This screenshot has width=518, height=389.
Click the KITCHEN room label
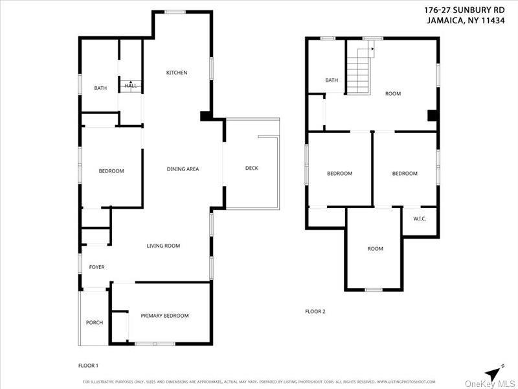pyautogui.click(x=177, y=73)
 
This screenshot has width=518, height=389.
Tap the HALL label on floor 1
pyautogui.click(x=131, y=86)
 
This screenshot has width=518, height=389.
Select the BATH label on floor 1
pyautogui.click(x=100, y=88)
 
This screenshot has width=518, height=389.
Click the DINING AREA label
pyautogui.click(x=183, y=169)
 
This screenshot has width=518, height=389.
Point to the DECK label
pyautogui.click(x=252, y=168)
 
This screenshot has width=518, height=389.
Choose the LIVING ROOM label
pyautogui.click(x=163, y=246)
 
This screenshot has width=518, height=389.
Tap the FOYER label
pyautogui.click(x=96, y=267)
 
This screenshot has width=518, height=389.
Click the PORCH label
pyautogui.click(x=95, y=323)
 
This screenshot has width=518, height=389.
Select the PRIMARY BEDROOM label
pyautogui.click(x=164, y=316)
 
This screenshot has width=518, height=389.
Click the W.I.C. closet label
pyautogui.click(x=420, y=218)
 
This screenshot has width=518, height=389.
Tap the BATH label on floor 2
pyautogui.click(x=332, y=80)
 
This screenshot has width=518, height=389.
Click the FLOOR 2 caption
pyautogui.click(x=315, y=311)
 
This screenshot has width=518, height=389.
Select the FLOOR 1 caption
pyautogui.click(x=88, y=366)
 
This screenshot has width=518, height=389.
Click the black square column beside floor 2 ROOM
pyautogui.click(x=433, y=116)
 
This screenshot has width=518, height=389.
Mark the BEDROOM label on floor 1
pyautogui.click(x=111, y=171)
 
